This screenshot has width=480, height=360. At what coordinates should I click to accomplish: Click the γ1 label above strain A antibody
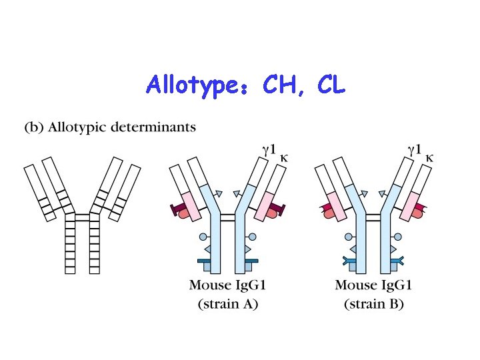point(269,150)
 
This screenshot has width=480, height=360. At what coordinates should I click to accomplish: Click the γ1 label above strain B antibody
point(414,150)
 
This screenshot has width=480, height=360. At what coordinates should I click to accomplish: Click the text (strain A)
point(228,305)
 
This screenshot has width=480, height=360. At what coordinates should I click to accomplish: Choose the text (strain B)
point(373,305)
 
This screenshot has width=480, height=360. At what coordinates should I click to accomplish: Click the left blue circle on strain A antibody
point(203,237)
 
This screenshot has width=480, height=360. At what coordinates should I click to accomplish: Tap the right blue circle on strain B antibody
point(398,237)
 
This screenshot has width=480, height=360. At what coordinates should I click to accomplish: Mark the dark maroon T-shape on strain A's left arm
point(178,211)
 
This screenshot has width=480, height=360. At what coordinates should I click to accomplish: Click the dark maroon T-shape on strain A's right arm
point(279,211)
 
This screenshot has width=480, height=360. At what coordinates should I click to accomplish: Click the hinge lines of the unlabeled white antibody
point(83,218)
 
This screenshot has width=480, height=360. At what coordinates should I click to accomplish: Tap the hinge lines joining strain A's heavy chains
point(228,218)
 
